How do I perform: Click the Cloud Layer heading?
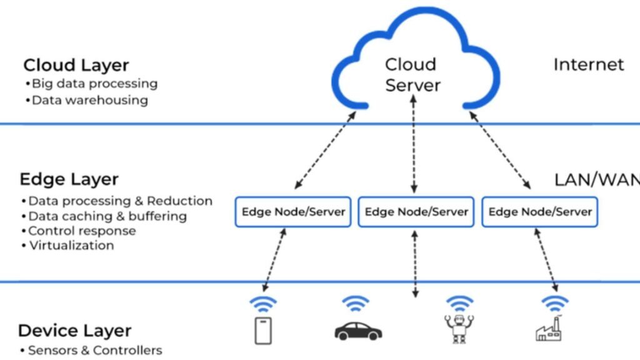tap(76, 65)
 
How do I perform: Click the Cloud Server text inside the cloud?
tap(412, 74)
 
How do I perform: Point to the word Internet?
tap(588, 64)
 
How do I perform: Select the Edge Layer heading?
tap(69, 179)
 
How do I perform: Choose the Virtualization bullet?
tap(71, 246)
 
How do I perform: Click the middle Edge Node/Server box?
tap(416, 212)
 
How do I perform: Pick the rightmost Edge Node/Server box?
tap(540, 212)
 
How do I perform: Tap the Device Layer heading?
tap(74, 331)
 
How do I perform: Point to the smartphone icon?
tap(264, 331)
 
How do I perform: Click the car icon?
tap(358, 331)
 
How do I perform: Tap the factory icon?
tap(551, 329)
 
